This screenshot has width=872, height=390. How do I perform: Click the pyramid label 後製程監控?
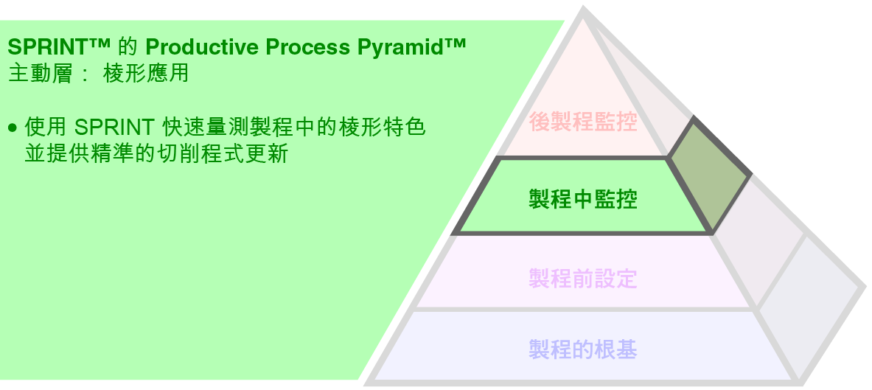pyautogui.click(x=582, y=122)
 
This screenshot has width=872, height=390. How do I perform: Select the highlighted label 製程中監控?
pyautogui.click(x=582, y=199)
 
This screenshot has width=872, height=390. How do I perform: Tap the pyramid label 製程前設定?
pyautogui.click(x=582, y=279)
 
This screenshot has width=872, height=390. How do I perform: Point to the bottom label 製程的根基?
pyautogui.click(x=582, y=349)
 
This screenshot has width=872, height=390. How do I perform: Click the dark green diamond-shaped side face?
pyautogui.click(x=709, y=174)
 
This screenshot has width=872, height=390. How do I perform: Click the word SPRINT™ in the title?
pyautogui.click(x=58, y=48)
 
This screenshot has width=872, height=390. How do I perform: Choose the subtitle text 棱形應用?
pyautogui.click(x=146, y=74)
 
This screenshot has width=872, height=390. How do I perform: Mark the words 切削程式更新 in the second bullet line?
pyautogui.click(x=234, y=154)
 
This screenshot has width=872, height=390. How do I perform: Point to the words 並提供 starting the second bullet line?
pyautogui.click(x=53, y=154)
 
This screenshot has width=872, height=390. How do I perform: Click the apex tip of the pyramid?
pyautogui.click(x=584, y=11)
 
